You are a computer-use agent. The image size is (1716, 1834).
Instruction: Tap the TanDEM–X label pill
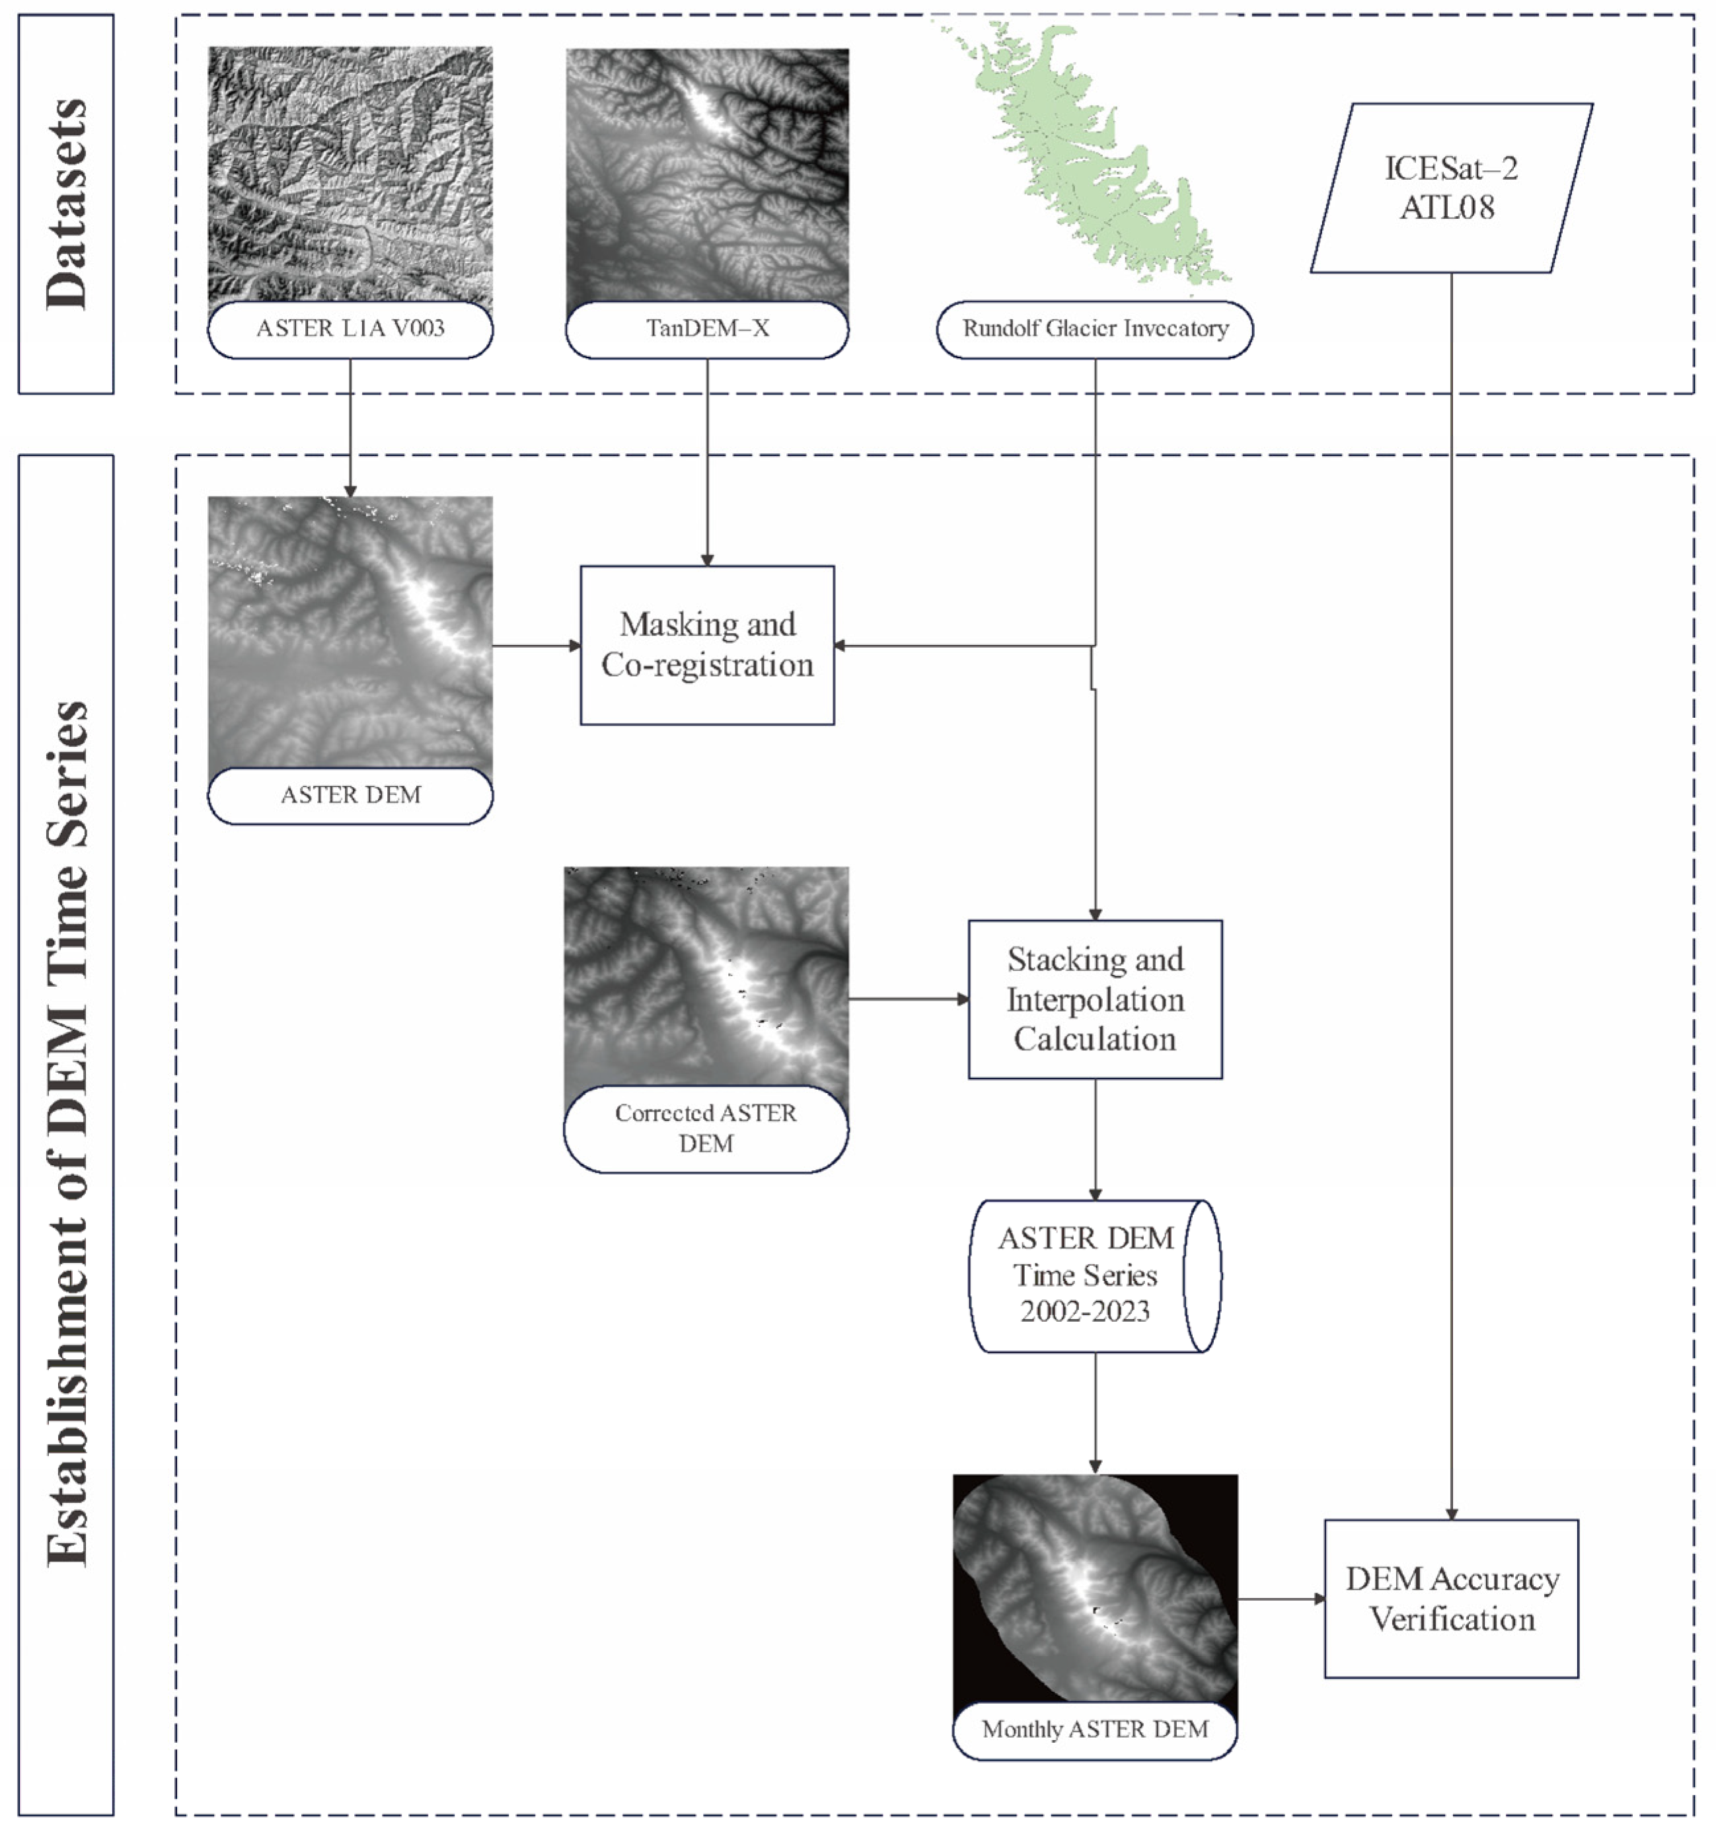(707, 328)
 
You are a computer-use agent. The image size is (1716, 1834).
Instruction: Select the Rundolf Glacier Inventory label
(1094, 328)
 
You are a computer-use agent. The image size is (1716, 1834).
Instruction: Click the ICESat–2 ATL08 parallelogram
(1450, 188)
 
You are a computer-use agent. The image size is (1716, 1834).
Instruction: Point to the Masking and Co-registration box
(707, 645)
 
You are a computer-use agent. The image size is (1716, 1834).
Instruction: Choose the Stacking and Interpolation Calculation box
(1094, 999)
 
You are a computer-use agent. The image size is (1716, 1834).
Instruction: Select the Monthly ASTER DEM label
(1094, 1730)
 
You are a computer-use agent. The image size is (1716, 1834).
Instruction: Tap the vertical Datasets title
(67, 204)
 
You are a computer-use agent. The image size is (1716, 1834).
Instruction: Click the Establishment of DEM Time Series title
(67, 1135)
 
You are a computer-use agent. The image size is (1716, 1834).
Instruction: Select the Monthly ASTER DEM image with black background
(1094, 1587)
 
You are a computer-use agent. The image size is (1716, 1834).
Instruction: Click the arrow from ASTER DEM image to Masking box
(536, 646)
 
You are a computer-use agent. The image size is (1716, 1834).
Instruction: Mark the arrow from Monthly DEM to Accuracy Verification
(1281, 1599)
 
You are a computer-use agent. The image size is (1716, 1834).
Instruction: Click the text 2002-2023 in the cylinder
(1085, 1312)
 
